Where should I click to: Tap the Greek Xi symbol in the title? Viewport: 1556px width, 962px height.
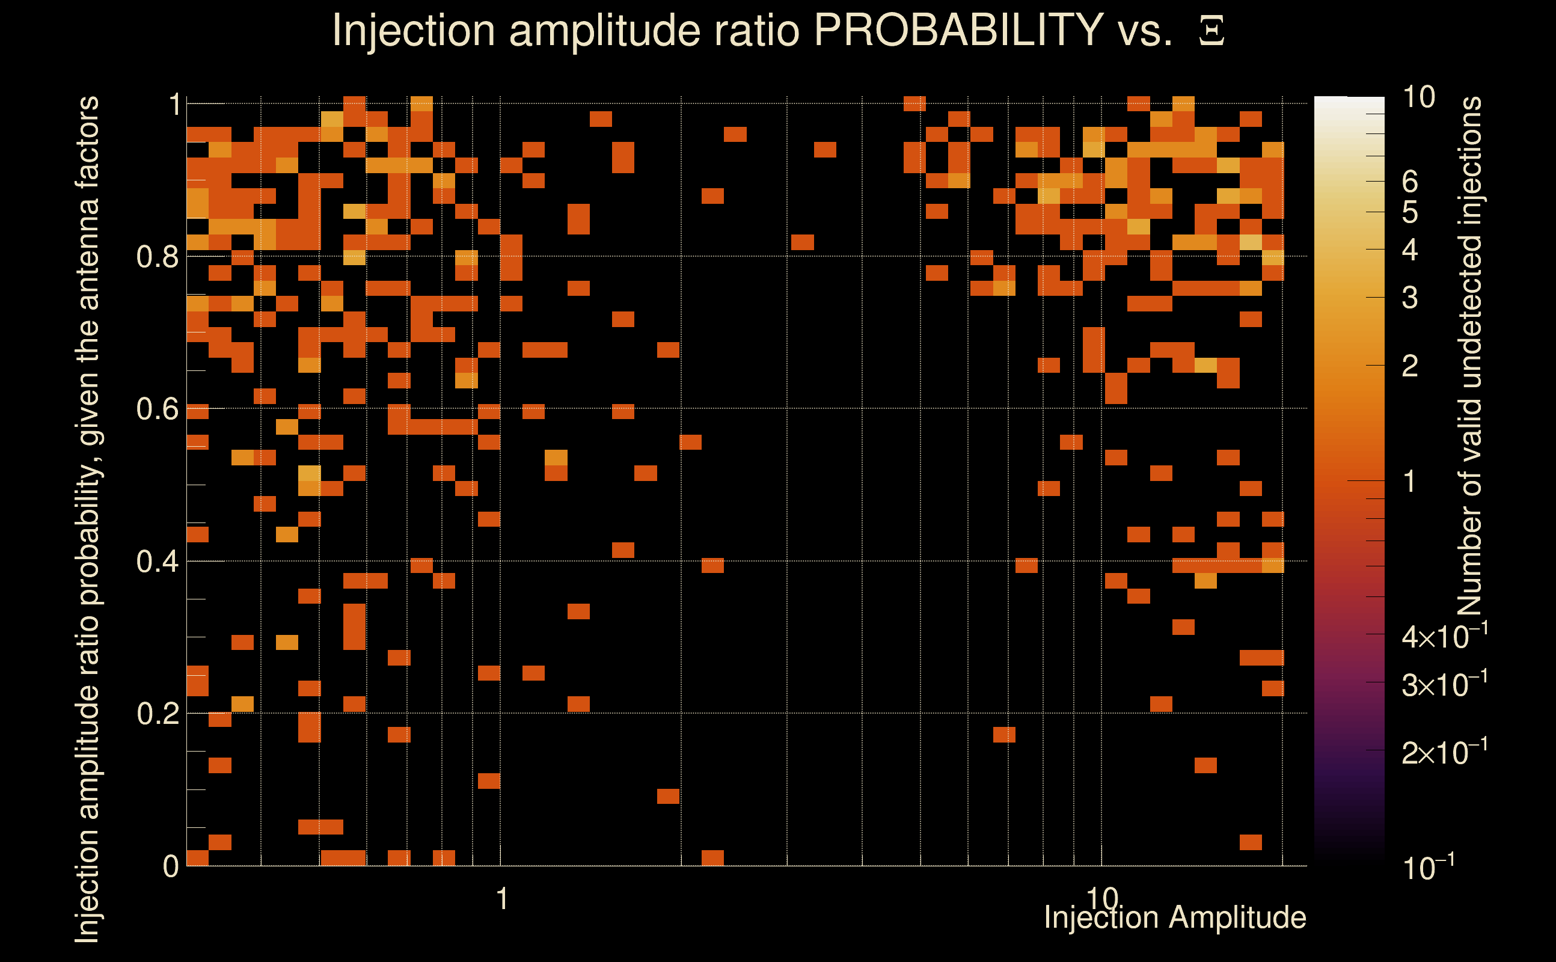(x=1211, y=31)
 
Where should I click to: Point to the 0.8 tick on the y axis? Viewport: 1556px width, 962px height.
(x=157, y=257)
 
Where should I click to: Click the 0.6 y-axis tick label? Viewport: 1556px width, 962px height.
(x=157, y=409)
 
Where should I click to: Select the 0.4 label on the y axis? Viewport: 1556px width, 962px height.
(x=157, y=562)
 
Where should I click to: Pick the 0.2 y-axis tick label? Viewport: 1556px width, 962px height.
(x=157, y=714)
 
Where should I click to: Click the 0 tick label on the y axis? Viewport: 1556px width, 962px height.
(x=171, y=866)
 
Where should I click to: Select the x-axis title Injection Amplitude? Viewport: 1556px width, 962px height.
(x=1175, y=918)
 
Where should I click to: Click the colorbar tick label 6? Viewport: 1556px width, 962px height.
(x=1410, y=183)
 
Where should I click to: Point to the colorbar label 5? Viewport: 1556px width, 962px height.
(x=1410, y=212)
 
